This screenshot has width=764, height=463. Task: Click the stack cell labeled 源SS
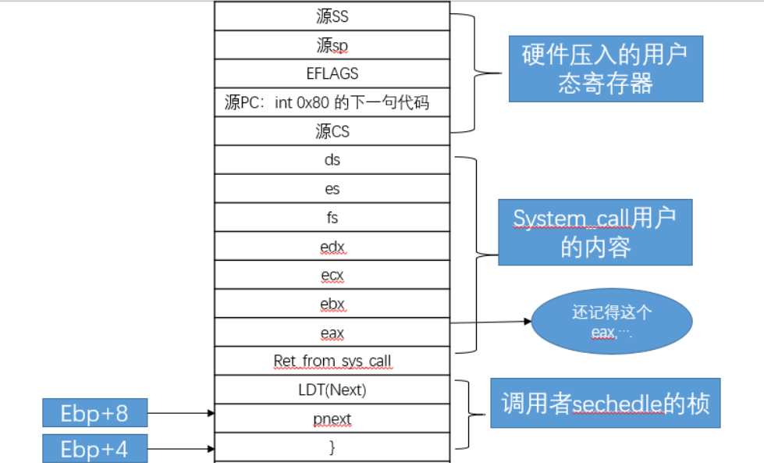[332, 16]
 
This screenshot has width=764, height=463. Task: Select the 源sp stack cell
[332, 45]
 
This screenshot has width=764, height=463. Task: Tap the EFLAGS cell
[332, 74]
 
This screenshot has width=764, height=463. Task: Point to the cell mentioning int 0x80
[332, 103]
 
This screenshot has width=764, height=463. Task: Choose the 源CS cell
[332, 132]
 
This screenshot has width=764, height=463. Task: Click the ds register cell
[332, 161]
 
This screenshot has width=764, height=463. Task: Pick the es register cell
[332, 190]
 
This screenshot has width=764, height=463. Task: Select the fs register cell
[332, 219]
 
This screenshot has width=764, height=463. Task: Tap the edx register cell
[332, 248]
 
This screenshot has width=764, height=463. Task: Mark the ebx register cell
[332, 305]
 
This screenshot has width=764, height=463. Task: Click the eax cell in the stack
[332, 333]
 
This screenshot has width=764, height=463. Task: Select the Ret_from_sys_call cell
[332, 361]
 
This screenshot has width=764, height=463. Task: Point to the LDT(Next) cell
[332, 390]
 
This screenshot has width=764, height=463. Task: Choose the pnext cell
[332, 419]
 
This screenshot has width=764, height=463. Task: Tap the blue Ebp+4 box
[94, 449]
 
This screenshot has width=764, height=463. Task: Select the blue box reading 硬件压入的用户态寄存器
[606, 69]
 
